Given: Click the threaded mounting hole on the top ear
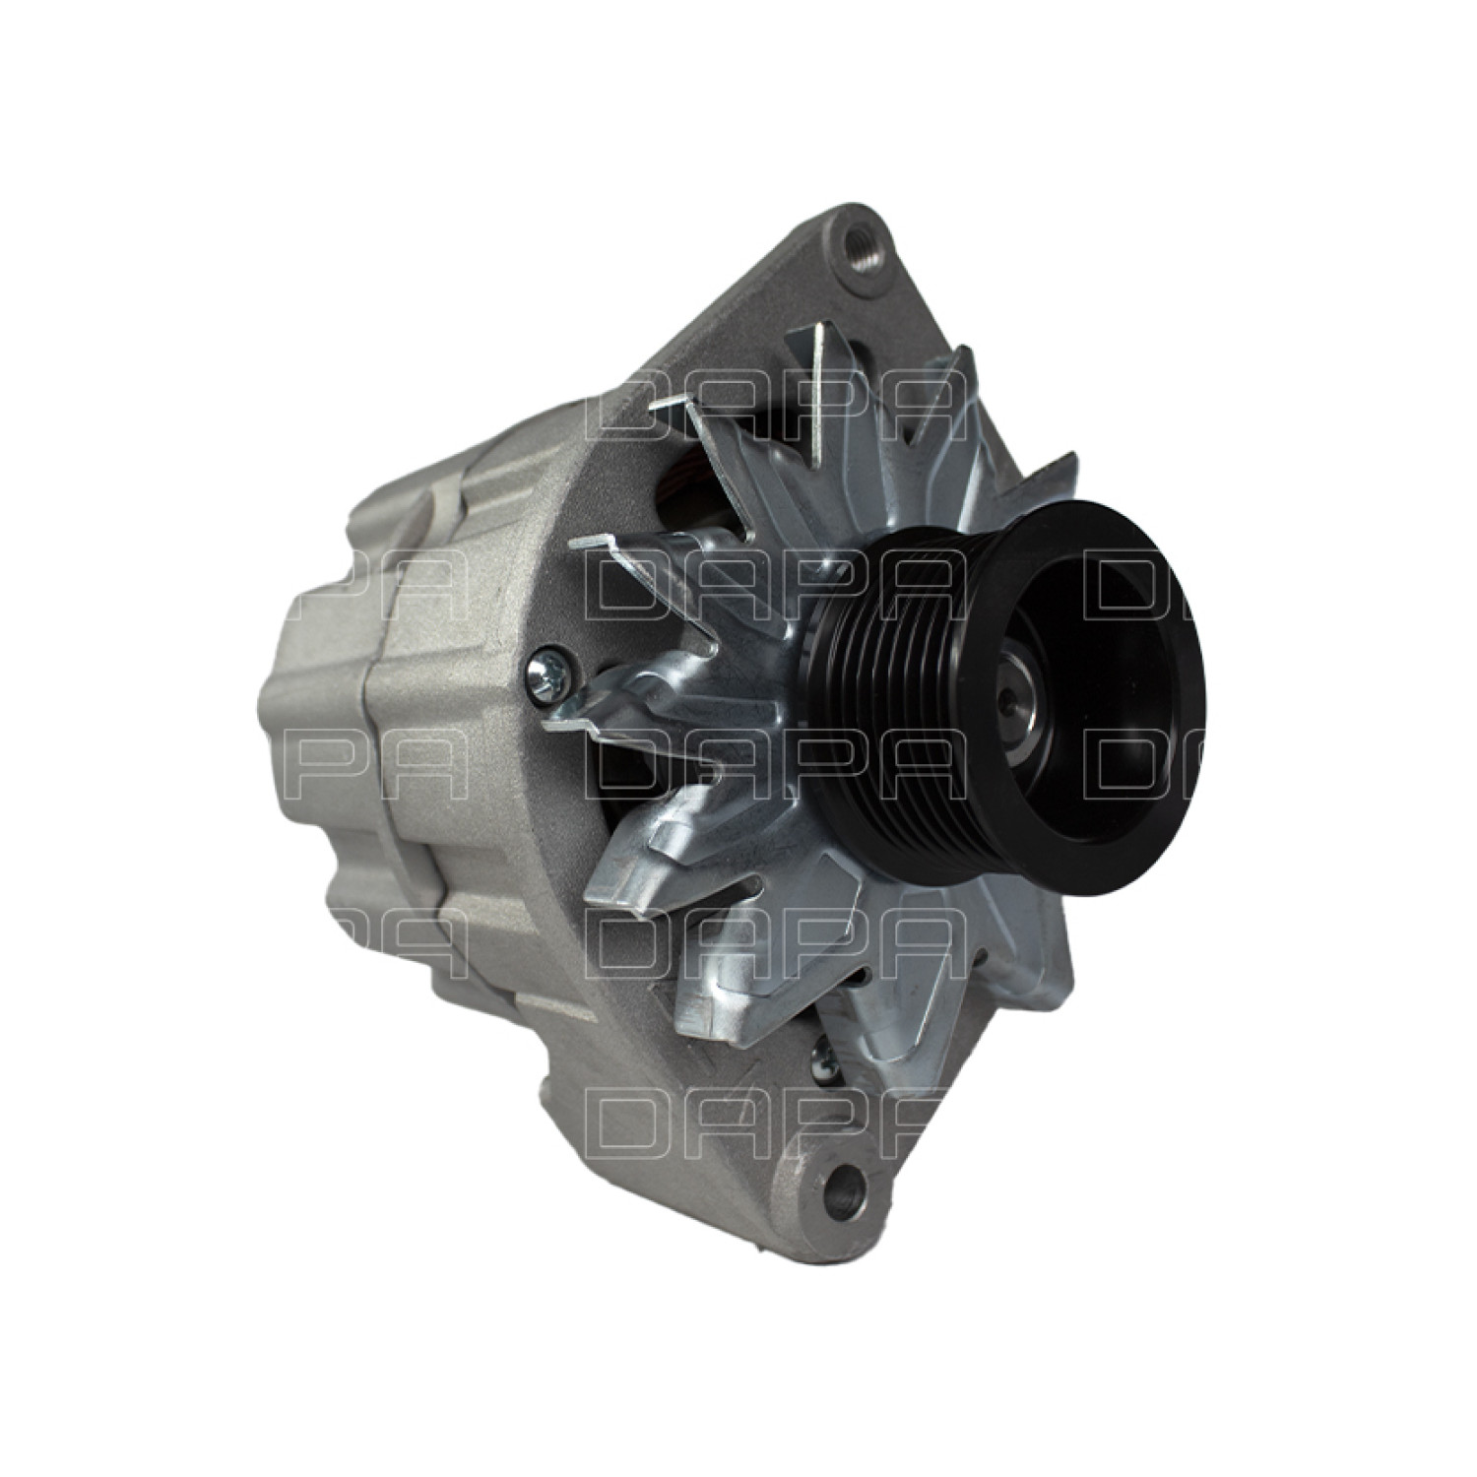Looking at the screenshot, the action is (852, 238).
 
